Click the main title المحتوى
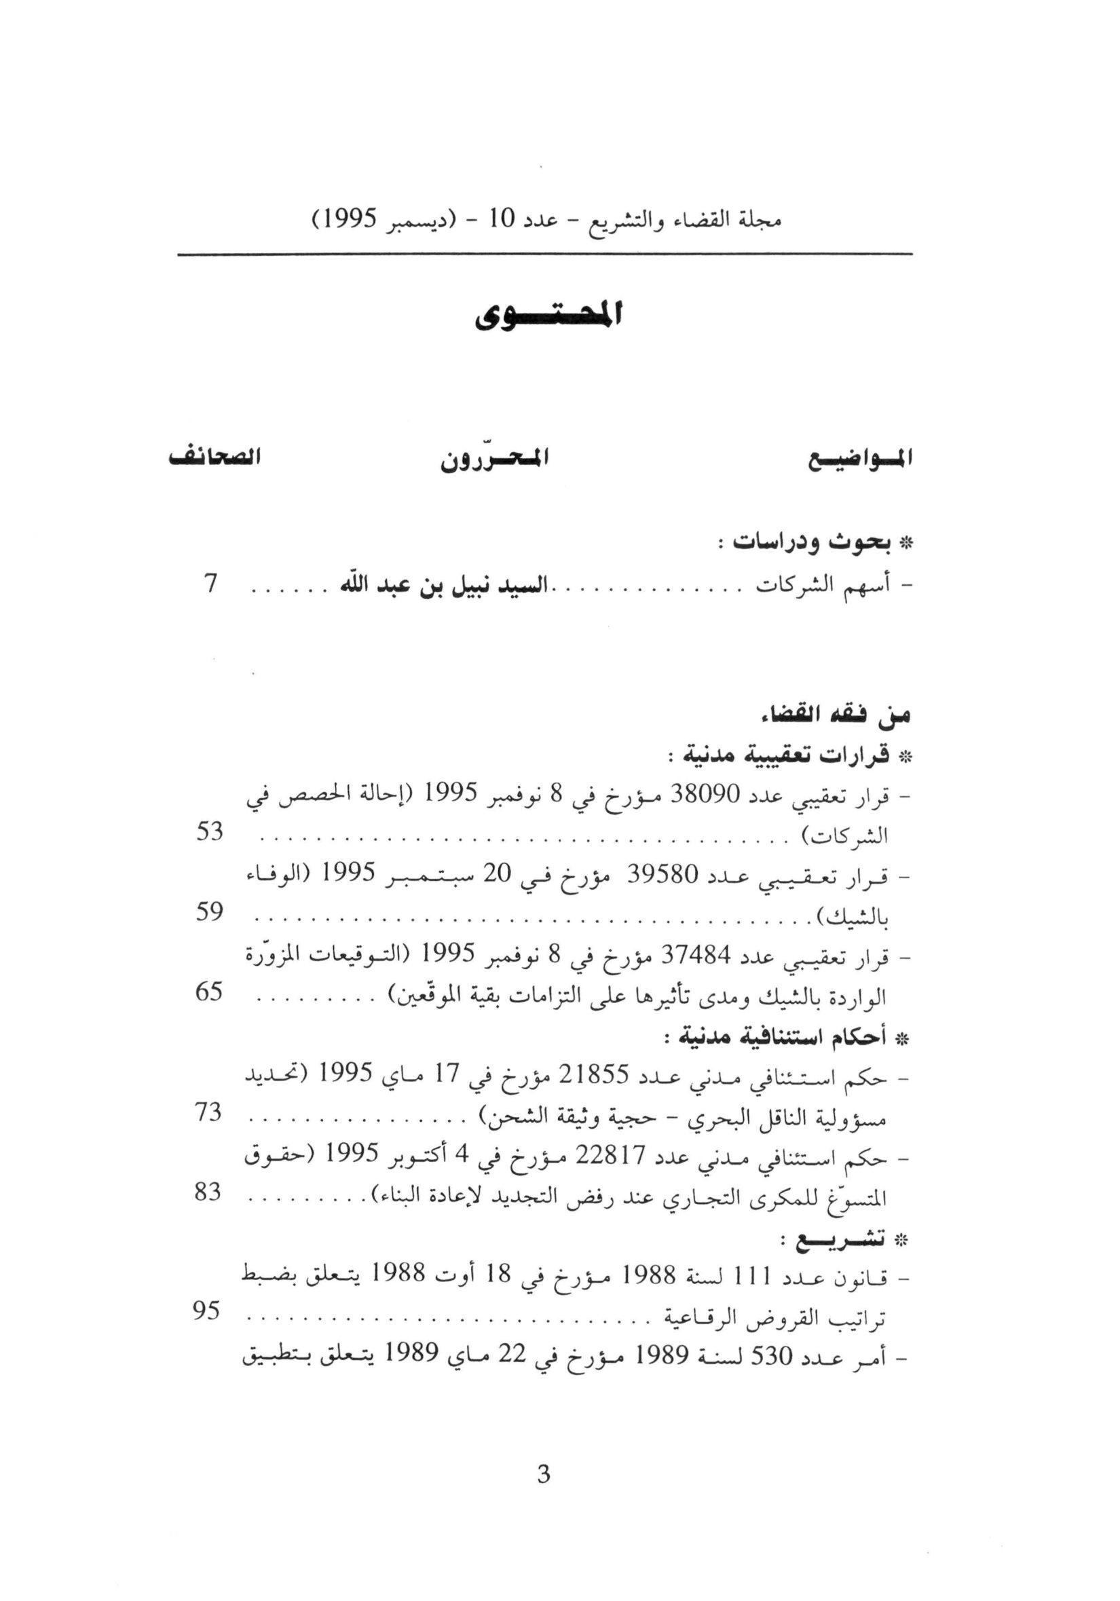click(549, 317)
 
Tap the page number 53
click(208, 832)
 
